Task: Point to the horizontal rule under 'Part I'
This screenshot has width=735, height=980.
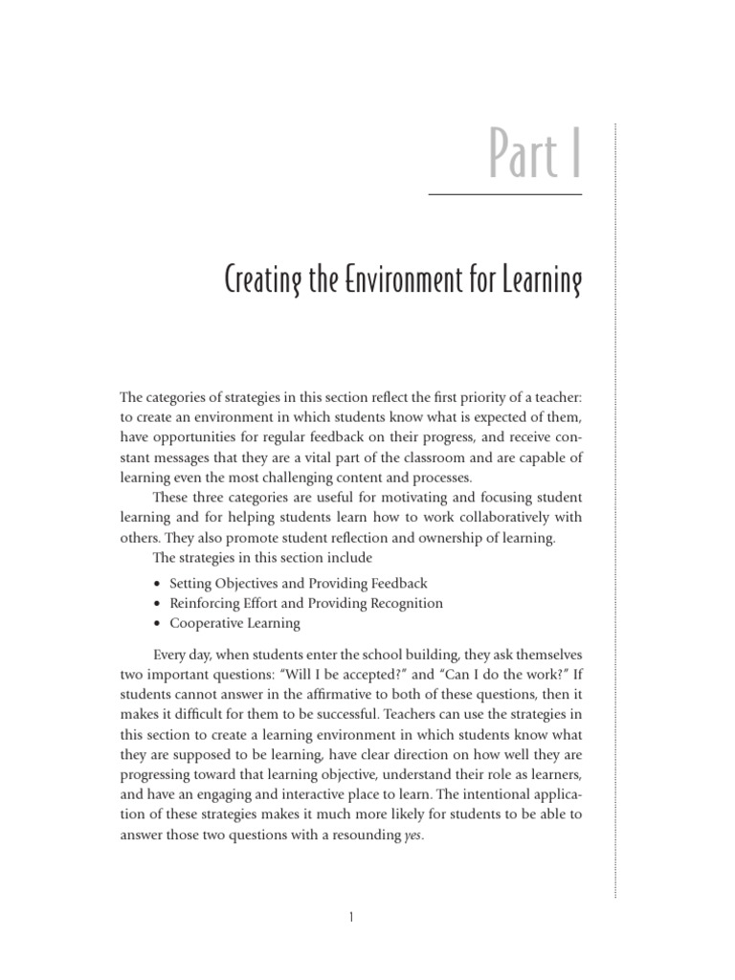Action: pos(504,194)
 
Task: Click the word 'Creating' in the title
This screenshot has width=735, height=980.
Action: pos(262,281)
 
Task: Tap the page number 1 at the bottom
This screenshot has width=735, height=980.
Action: pos(351,918)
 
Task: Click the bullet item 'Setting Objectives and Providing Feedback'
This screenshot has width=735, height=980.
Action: pos(298,583)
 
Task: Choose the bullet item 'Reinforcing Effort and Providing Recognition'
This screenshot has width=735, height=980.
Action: pos(305,603)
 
